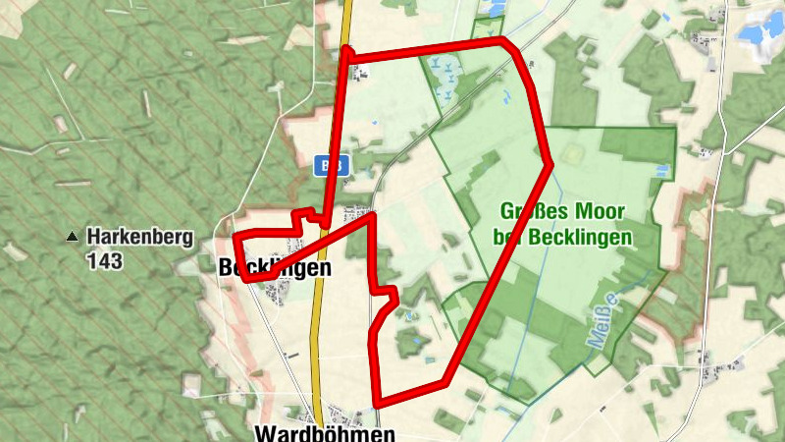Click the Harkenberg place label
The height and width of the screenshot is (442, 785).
[x=140, y=237]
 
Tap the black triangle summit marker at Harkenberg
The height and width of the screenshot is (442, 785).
[x=71, y=237]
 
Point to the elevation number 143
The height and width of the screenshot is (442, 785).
[x=104, y=261]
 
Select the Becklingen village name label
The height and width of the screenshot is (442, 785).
[x=276, y=267]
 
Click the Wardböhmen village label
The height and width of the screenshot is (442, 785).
[x=325, y=432]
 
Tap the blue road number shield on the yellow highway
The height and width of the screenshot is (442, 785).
[x=331, y=166]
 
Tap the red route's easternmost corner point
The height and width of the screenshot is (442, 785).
[x=549, y=162]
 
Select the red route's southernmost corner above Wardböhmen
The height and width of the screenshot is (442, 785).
[x=377, y=403]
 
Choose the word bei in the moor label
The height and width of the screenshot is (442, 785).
[x=511, y=237]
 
